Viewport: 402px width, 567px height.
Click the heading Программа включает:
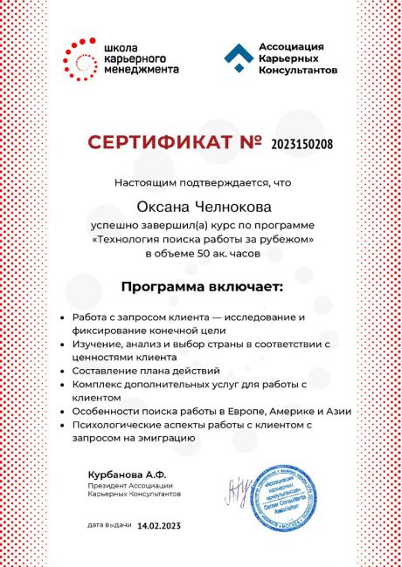(x=202, y=286)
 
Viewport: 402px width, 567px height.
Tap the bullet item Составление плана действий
(x=134, y=371)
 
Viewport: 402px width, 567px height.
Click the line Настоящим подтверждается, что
(x=202, y=183)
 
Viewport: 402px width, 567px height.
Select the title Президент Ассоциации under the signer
(x=129, y=485)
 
